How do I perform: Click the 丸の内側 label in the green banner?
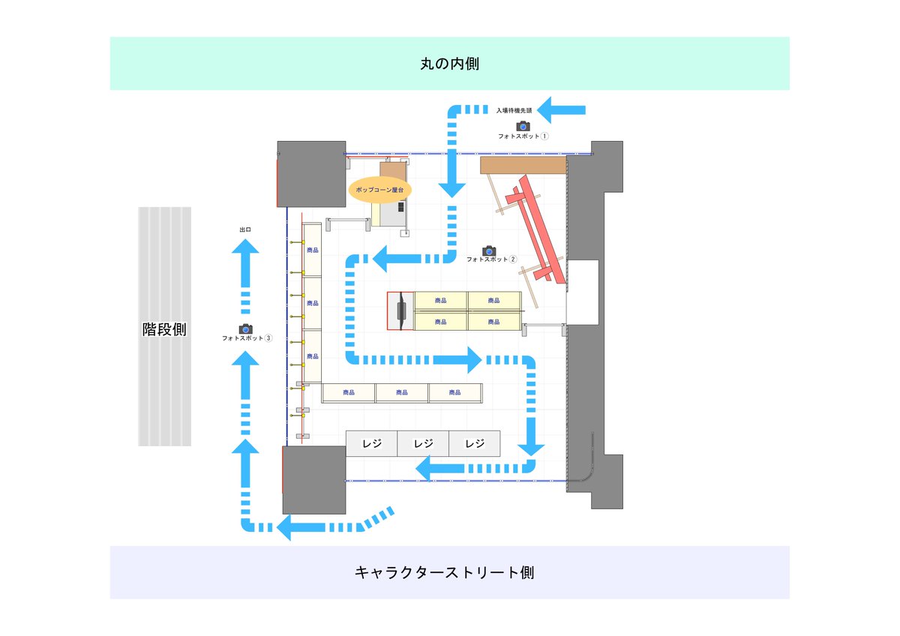(x=449, y=64)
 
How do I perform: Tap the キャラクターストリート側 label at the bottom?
(x=444, y=572)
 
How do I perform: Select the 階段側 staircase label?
(x=164, y=328)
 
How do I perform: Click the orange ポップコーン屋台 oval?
(x=379, y=190)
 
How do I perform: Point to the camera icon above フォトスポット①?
(x=523, y=126)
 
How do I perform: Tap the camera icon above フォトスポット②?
(x=489, y=250)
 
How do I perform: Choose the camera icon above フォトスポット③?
(x=245, y=328)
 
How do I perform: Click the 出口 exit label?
(x=244, y=229)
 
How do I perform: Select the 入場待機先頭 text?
(x=514, y=110)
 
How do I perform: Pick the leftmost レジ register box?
(x=371, y=443)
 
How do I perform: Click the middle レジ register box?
(x=423, y=443)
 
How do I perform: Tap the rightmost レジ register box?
(x=475, y=443)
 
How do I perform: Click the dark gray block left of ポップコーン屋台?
(x=311, y=173)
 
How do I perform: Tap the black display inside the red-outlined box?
(x=403, y=310)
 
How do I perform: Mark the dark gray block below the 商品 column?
(x=313, y=479)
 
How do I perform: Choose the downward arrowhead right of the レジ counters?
(x=531, y=448)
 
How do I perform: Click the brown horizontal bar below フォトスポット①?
(x=523, y=164)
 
